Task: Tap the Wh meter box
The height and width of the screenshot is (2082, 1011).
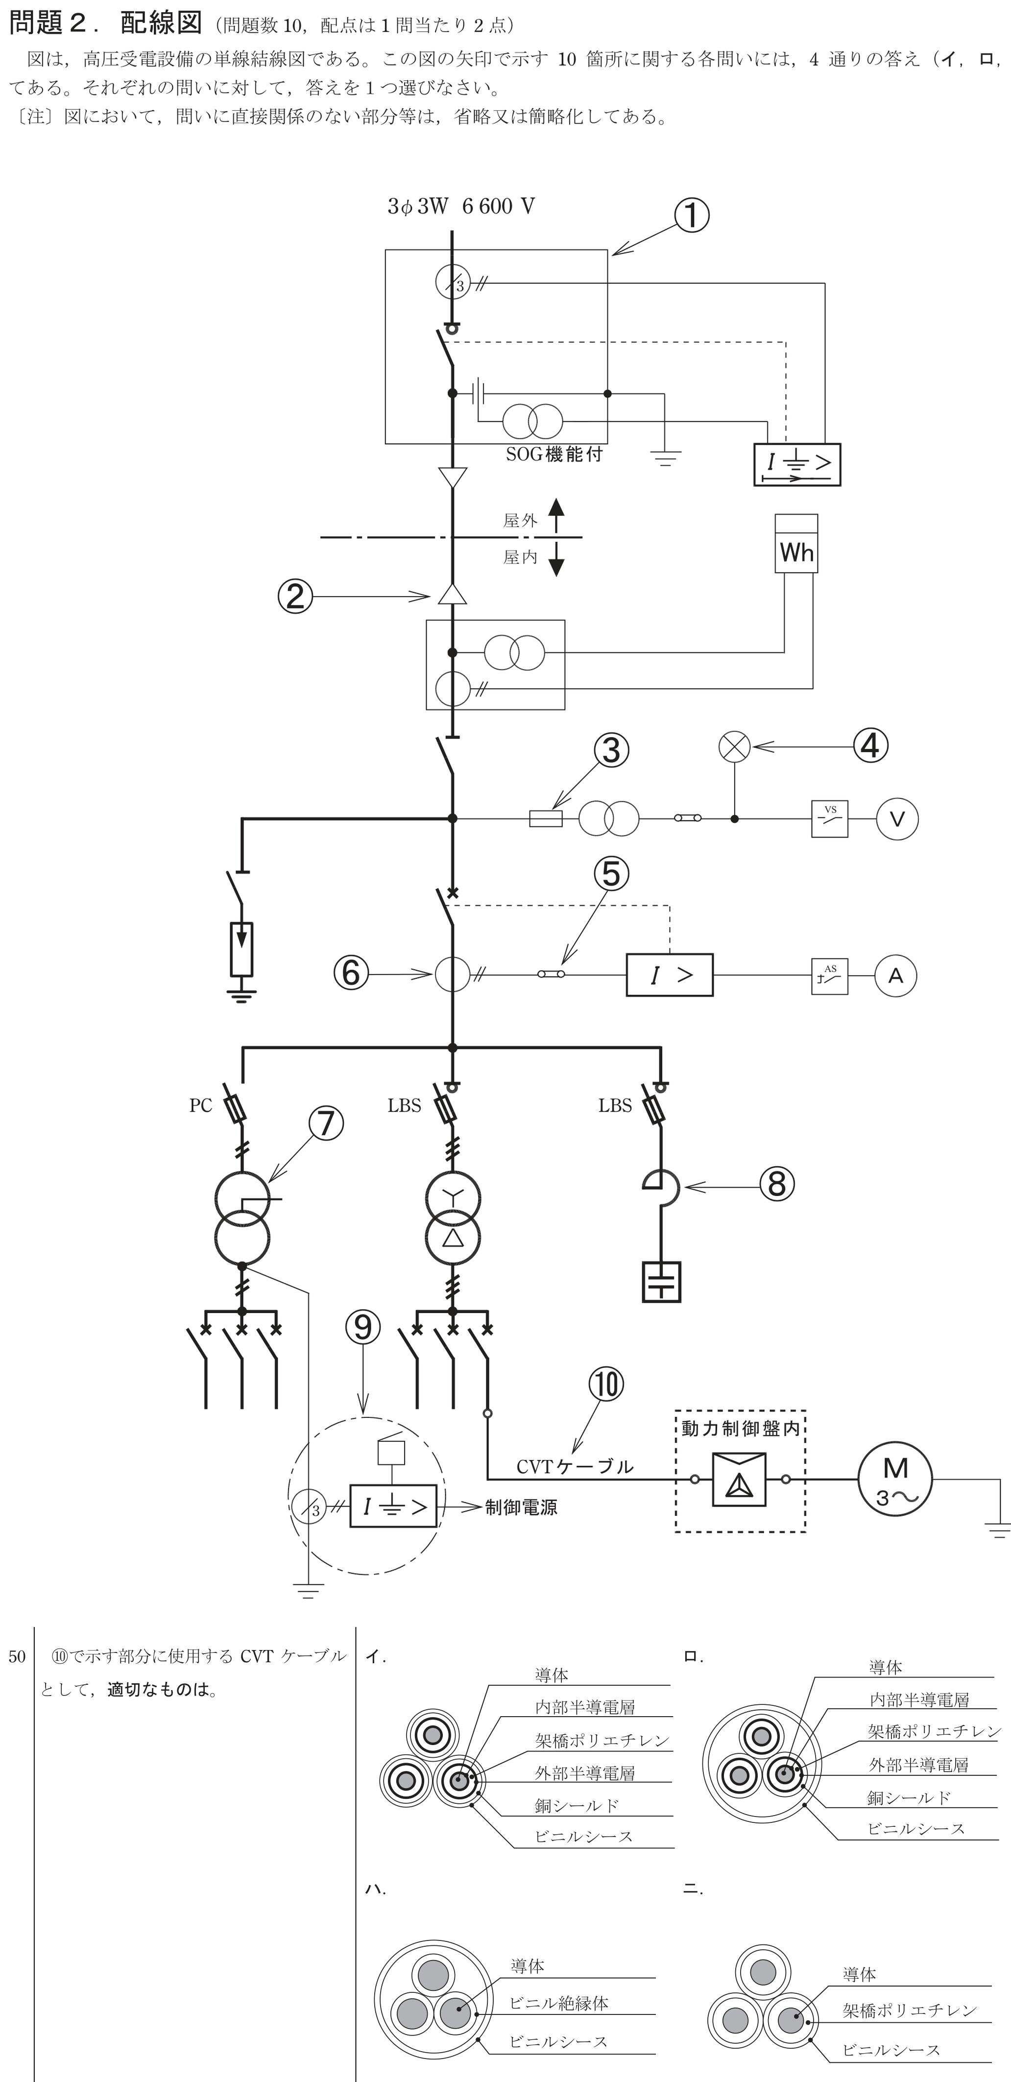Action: click(796, 543)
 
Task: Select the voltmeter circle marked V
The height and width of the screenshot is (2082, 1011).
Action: click(897, 819)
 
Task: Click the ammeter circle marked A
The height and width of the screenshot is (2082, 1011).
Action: click(895, 976)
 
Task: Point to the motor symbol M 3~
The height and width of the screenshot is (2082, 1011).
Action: click(894, 1479)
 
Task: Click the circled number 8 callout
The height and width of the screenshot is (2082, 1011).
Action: click(777, 1184)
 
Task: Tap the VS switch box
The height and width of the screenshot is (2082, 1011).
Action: click(830, 819)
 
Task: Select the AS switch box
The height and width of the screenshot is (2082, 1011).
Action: click(830, 976)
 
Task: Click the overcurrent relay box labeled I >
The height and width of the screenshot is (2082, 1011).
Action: click(670, 976)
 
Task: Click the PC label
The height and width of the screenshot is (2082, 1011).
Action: click(200, 1106)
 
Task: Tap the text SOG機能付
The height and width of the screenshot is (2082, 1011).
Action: click(554, 454)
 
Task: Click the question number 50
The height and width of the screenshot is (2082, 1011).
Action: click(17, 1656)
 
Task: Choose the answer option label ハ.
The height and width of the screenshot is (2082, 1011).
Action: click(375, 1889)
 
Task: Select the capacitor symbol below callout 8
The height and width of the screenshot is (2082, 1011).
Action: click(662, 1282)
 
